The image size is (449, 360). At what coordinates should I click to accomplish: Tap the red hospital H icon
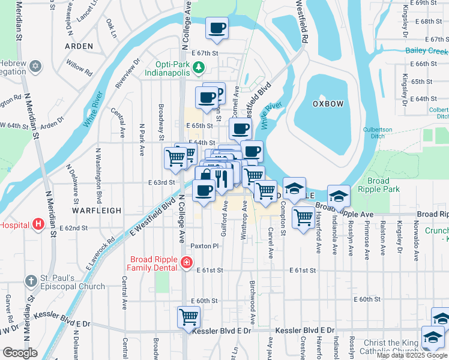coord(39,225)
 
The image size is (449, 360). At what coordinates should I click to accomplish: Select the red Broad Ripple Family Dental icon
coord(186,262)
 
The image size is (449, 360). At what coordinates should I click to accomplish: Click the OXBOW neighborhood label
coord(328,104)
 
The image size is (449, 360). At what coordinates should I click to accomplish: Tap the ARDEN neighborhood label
coord(79,46)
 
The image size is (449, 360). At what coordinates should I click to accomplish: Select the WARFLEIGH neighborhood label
coord(97,211)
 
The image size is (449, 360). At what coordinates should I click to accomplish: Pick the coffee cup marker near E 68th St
coord(217,27)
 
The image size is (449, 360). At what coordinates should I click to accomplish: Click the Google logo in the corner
coord(20,353)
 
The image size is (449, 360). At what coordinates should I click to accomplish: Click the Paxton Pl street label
coord(202,246)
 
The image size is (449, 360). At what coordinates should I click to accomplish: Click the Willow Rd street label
coord(80,68)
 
